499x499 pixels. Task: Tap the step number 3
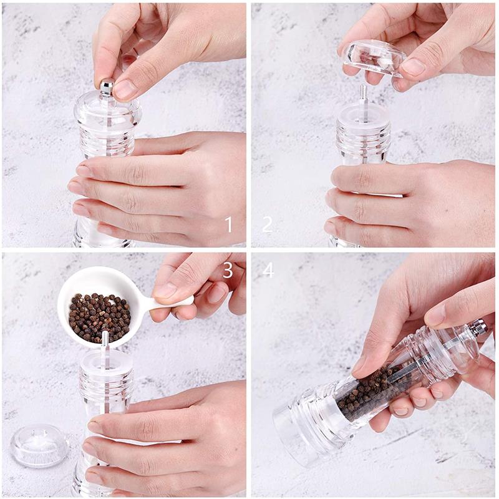pos(228,269)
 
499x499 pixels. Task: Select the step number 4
pos(268,269)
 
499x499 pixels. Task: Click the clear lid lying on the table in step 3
pos(39,445)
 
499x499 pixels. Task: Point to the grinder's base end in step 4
pos(294,430)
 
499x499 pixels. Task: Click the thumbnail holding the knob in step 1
pos(125,89)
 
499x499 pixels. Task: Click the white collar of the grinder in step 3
pos(106,362)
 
